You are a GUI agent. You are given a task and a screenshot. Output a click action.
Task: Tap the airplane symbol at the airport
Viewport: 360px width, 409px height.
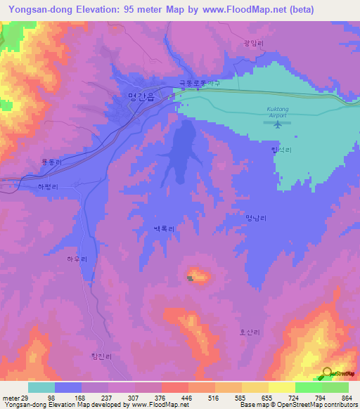(278, 124)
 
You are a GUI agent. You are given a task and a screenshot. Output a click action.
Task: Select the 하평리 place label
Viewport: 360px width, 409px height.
(49, 188)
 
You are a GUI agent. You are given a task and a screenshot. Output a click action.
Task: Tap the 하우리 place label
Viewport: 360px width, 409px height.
(77, 259)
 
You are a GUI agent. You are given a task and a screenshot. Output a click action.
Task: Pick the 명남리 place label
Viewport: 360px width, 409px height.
(256, 219)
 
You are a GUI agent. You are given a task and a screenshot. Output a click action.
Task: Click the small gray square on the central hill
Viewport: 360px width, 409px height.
(190, 278)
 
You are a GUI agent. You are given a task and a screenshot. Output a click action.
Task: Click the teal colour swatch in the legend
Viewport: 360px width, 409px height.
(41, 387)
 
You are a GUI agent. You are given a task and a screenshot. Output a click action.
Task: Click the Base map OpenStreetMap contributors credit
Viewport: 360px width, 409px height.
(297, 405)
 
